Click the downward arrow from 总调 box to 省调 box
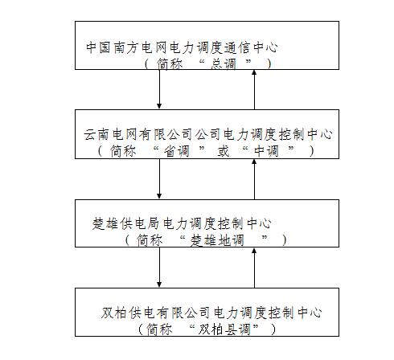(159, 89)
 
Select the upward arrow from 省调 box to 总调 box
(254, 89)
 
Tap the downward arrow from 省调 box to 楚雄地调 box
(159, 179)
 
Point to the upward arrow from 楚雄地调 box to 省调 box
(254, 179)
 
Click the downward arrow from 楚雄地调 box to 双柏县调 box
(159, 268)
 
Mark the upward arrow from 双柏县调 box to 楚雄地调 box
(254, 268)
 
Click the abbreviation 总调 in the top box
(224, 64)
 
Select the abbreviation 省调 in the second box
(177, 151)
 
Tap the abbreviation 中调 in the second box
(266, 151)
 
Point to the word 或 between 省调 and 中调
(224, 151)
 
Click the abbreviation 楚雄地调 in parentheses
(217, 240)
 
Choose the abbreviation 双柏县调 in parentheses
(224, 329)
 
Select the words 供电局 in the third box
(140, 223)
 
